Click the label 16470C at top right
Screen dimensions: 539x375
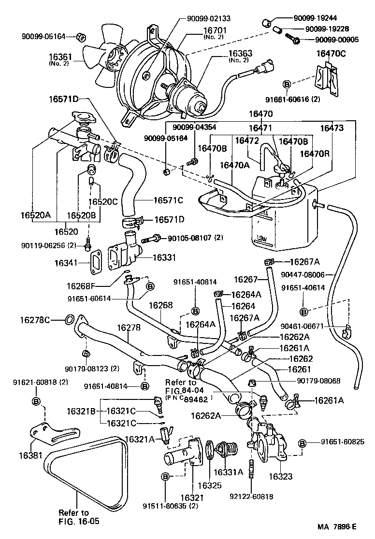click(x=331, y=54)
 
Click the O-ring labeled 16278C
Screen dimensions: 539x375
click(x=69, y=319)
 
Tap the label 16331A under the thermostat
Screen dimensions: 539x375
click(x=229, y=472)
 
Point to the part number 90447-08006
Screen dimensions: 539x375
click(x=313, y=274)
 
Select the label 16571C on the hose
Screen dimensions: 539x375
click(x=168, y=199)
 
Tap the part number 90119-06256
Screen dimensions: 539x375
click(x=47, y=245)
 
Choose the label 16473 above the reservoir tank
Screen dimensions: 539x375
click(x=332, y=128)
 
